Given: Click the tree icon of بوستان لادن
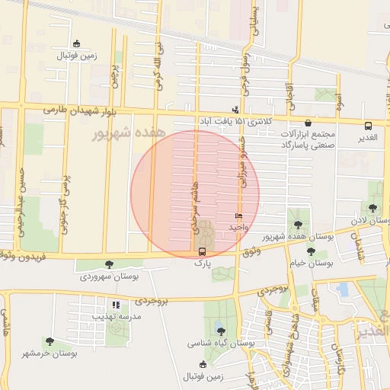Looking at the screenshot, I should coord(372,208).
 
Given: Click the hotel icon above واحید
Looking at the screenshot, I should coord(238,217).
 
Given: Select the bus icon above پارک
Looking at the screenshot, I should coord(202,251).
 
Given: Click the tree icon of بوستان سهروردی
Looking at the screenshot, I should coord(109,264).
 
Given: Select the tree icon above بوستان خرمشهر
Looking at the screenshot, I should coord(50,342).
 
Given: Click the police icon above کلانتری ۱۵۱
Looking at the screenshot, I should coord(235,109).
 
